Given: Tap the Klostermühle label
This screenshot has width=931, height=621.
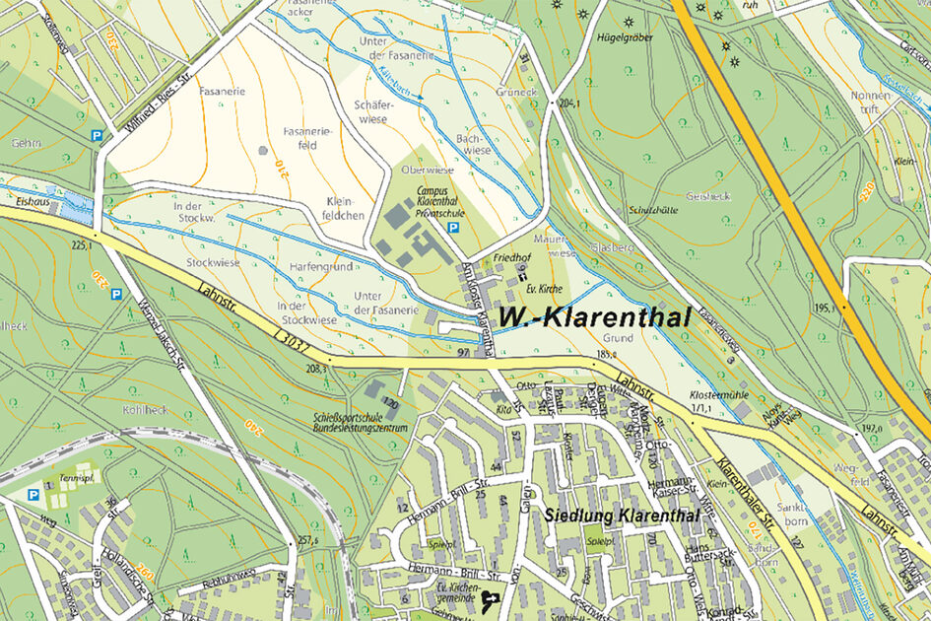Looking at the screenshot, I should [700, 392].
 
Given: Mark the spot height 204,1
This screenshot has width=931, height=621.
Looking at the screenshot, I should [568, 103].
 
